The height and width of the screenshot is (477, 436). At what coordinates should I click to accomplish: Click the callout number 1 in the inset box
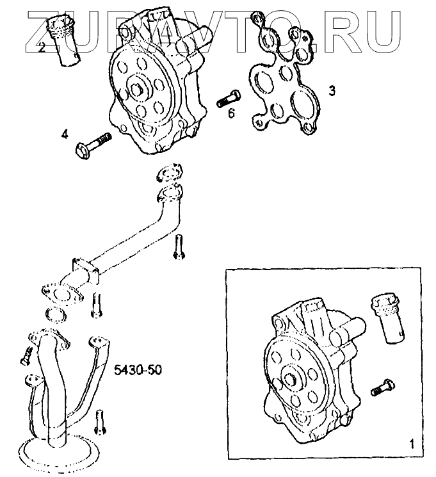tap(412, 442)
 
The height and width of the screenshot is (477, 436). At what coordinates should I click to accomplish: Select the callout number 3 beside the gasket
tap(331, 91)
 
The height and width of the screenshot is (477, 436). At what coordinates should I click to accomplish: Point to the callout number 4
tap(65, 134)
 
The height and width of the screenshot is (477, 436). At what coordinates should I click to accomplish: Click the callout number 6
tap(231, 113)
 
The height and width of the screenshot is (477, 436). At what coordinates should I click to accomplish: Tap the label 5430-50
tap(136, 369)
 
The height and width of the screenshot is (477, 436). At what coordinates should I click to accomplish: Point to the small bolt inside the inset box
tap(383, 385)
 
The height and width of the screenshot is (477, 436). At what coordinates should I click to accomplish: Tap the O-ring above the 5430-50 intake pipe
tap(56, 314)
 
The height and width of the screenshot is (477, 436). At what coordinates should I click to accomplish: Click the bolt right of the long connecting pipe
tap(179, 247)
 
